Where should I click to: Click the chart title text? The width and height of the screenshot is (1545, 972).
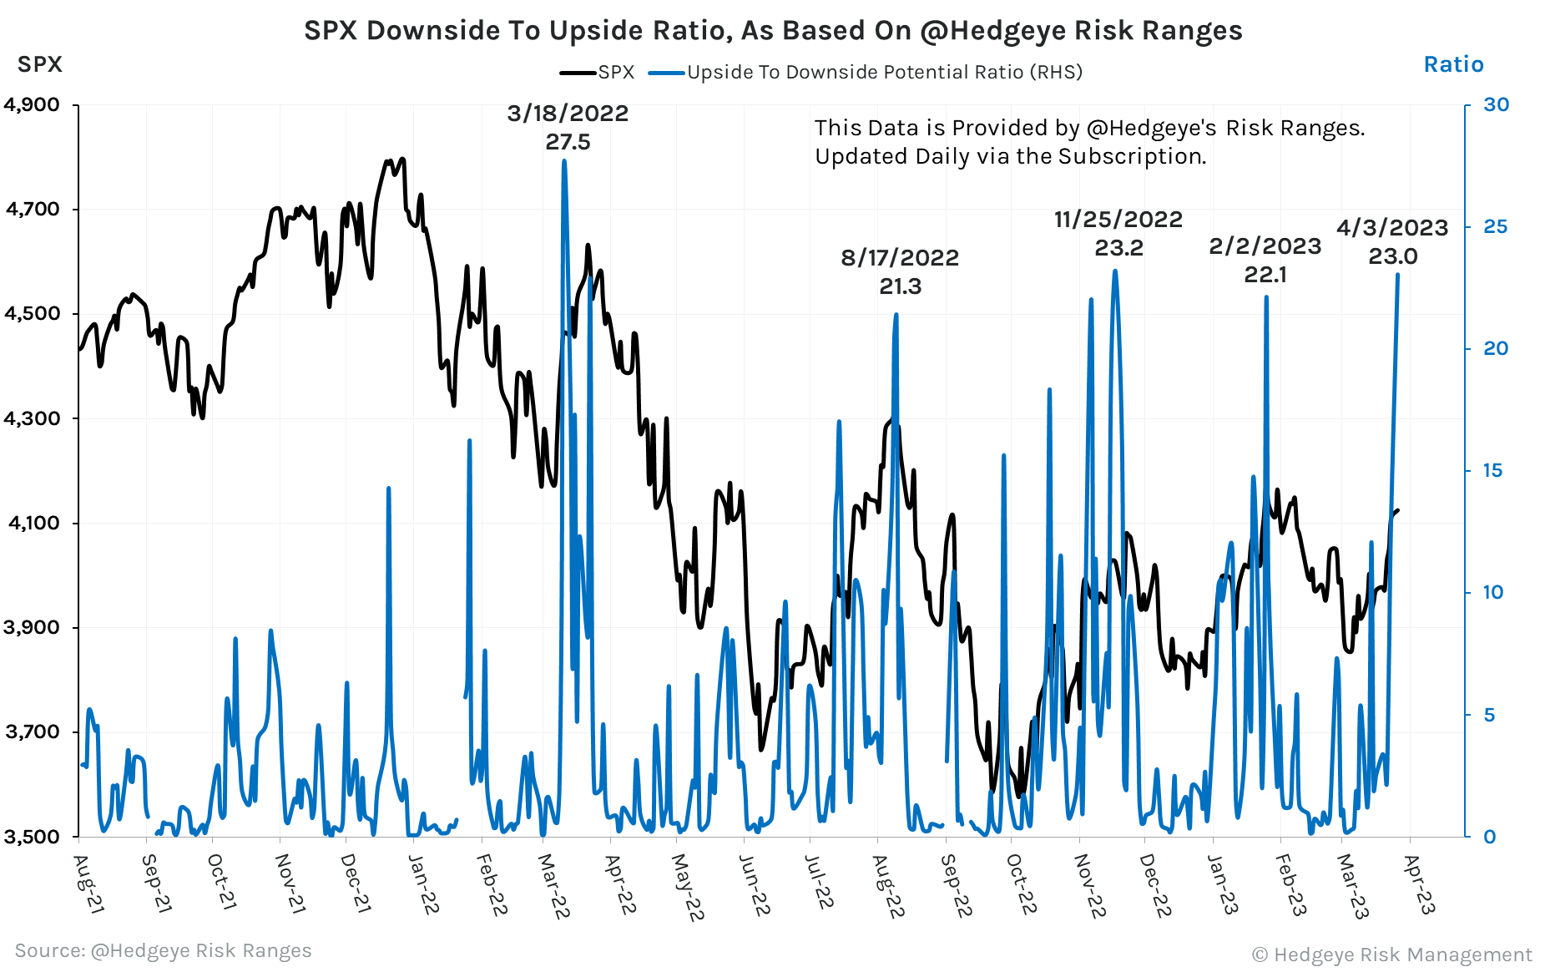(x=772, y=30)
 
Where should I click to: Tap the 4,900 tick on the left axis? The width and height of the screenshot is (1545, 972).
(x=32, y=105)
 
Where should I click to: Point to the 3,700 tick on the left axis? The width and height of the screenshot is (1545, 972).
(x=32, y=732)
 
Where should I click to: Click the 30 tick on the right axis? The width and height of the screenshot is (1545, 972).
(x=1496, y=105)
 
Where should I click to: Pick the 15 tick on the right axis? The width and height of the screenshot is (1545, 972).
(x=1492, y=471)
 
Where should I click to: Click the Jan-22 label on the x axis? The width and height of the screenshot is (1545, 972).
(x=424, y=885)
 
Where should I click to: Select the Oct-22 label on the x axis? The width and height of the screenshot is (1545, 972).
(x=1021, y=885)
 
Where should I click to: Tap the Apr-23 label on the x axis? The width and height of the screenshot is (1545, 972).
(x=1420, y=885)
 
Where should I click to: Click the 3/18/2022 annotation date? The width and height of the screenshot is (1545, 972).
(x=568, y=114)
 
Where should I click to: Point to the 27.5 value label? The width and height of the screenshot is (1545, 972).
(x=568, y=142)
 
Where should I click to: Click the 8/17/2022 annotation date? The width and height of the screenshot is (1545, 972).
(x=900, y=258)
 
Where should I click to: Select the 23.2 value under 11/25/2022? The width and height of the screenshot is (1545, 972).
(x=1118, y=248)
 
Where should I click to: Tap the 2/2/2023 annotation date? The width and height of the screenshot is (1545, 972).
(x=1265, y=246)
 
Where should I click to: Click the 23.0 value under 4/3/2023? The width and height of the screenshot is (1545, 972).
(x=1392, y=256)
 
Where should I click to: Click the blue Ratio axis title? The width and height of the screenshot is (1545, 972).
(x=1453, y=64)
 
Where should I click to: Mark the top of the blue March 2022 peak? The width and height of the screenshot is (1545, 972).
(x=564, y=161)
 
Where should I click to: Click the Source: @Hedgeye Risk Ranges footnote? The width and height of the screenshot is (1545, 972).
(x=163, y=950)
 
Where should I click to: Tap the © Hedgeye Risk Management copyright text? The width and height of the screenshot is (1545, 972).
(x=1391, y=954)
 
